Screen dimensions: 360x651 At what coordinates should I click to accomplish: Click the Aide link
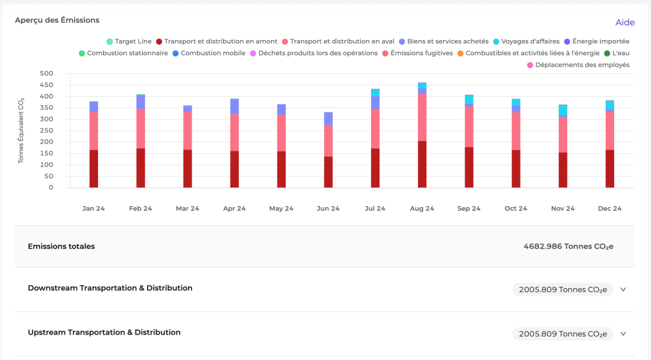(x=624, y=22)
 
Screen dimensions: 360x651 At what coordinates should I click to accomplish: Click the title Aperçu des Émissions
(x=57, y=20)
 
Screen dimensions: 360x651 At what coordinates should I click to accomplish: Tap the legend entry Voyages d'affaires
(x=526, y=41)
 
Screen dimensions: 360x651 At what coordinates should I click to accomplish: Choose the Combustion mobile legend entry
(x=208, y=53)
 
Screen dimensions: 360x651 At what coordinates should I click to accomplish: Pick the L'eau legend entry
(x=615, y=53)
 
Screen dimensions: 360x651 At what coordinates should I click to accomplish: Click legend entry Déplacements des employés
(x=578, y=65)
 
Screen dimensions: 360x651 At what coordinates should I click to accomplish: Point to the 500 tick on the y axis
(x=46, y=74)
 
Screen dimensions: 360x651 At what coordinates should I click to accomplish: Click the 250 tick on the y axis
(x=46, y=131)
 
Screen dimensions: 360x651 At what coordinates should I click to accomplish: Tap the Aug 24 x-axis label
(x=422, y=209)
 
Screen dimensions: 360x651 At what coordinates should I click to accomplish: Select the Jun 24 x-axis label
(x=328, y=209)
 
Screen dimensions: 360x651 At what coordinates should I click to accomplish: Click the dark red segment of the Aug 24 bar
(x=422, y=164)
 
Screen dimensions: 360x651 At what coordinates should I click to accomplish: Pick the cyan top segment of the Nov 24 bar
(x=563, y=110)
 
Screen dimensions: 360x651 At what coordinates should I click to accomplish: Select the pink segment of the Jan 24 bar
(x=94, y=130)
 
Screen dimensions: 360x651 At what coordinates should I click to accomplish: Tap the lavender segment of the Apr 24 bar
(x=234, y=106)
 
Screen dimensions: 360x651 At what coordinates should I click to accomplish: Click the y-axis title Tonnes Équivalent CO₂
(x=21, y=130)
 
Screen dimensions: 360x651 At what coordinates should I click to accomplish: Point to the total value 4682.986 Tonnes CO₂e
(x=568, y=246)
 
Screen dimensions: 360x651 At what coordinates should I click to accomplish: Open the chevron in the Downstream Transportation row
(x=623, y=289)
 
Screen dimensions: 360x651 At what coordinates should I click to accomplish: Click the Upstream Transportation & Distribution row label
(x=104, y=333)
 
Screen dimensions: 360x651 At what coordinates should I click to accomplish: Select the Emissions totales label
(x=61, y=246)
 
